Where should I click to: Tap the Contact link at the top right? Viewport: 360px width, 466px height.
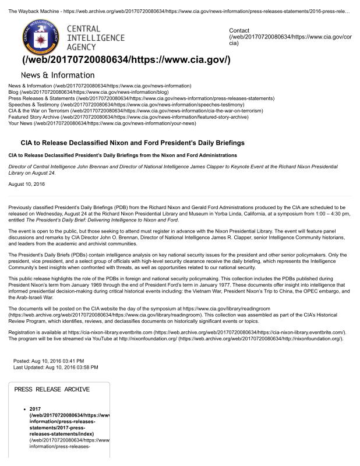click(x=239, y=30)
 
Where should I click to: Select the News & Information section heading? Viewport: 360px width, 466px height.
click(x=58, y=75)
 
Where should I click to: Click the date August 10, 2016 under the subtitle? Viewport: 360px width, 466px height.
click(x=25, y=184)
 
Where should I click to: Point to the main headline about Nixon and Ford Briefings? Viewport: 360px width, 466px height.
click(x=132, y=143)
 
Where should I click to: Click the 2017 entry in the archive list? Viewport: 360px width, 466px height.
click(x=35, y=409)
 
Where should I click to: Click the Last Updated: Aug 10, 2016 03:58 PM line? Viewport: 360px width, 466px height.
click(x=56, y=368)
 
